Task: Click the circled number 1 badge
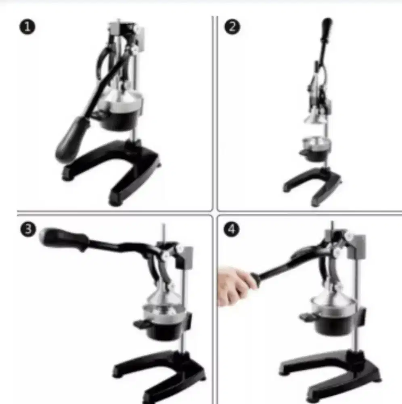pos(27,27)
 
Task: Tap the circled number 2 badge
pos(232,27)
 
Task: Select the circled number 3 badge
pos(28,229)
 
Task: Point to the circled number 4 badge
pos(231,229)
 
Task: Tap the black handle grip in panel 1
pos(72,139)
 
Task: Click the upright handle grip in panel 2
pos(327,28)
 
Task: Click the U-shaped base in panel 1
pos(111,170)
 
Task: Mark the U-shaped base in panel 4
pos(329,374)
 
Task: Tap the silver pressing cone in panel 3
pos(163,296)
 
